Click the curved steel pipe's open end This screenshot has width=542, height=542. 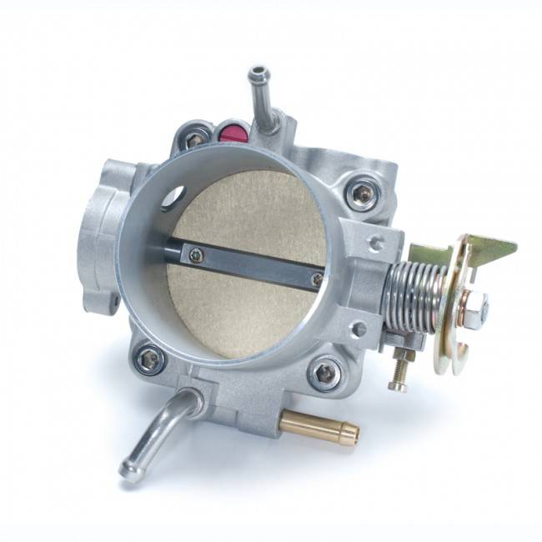(x=129, y=471)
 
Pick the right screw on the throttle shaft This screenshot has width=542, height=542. (x=316, y=279)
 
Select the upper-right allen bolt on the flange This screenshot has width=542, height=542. (x=362, y=194)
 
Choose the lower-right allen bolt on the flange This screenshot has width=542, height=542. (x=325, y=372)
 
